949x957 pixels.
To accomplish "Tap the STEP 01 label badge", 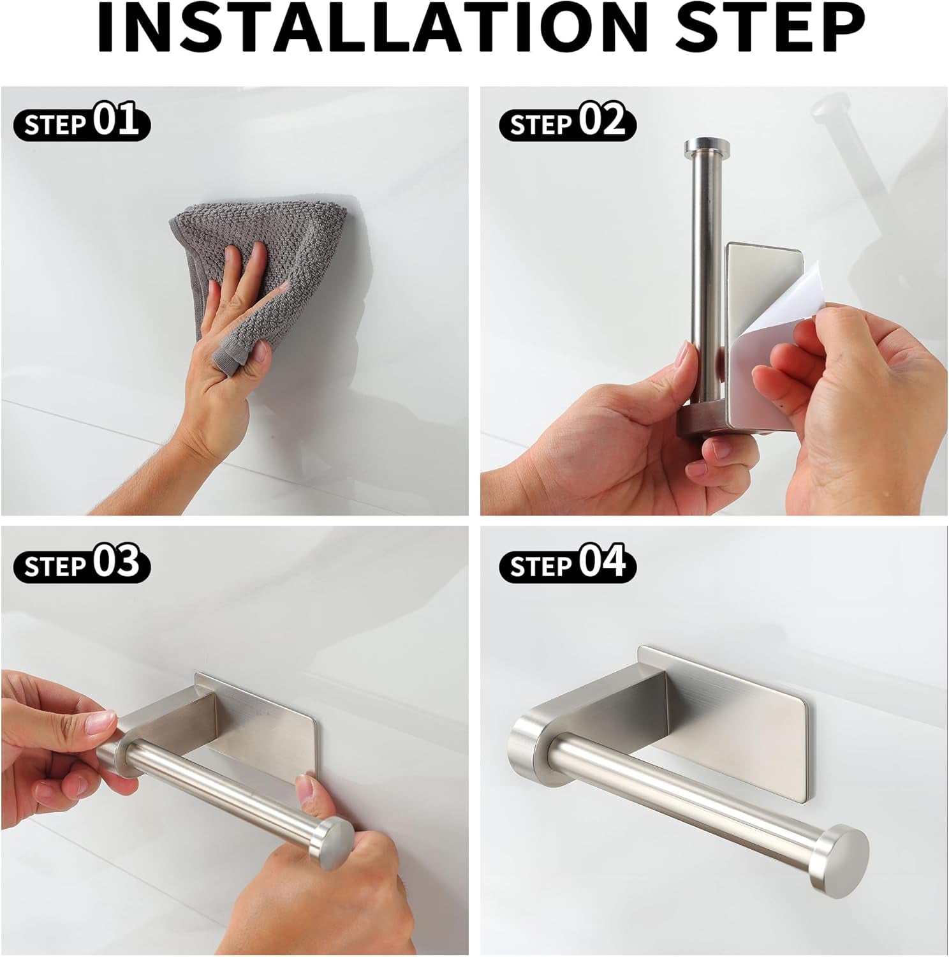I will [x=82, y=122].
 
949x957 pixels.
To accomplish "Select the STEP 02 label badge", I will [x=567, y=122].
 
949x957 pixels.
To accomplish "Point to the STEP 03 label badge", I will [x=82, y=564].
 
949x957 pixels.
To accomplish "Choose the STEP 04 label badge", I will [x=567, y=564].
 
